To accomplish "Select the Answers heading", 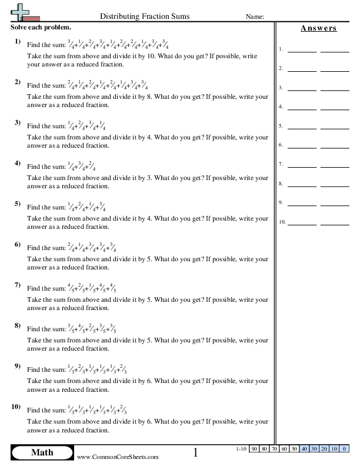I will coord(318,28).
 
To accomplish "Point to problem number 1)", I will coord(18,41).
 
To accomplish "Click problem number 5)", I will coord(18,204).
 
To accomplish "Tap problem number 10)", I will coord(16,407).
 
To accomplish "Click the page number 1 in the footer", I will coord(196,452).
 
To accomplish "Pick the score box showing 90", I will coord(254,449).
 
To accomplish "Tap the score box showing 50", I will coord(294,449).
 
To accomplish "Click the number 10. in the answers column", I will coord(282,222).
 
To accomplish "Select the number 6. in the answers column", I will coord(281,145).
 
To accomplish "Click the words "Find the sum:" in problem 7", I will coord(45,288).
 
